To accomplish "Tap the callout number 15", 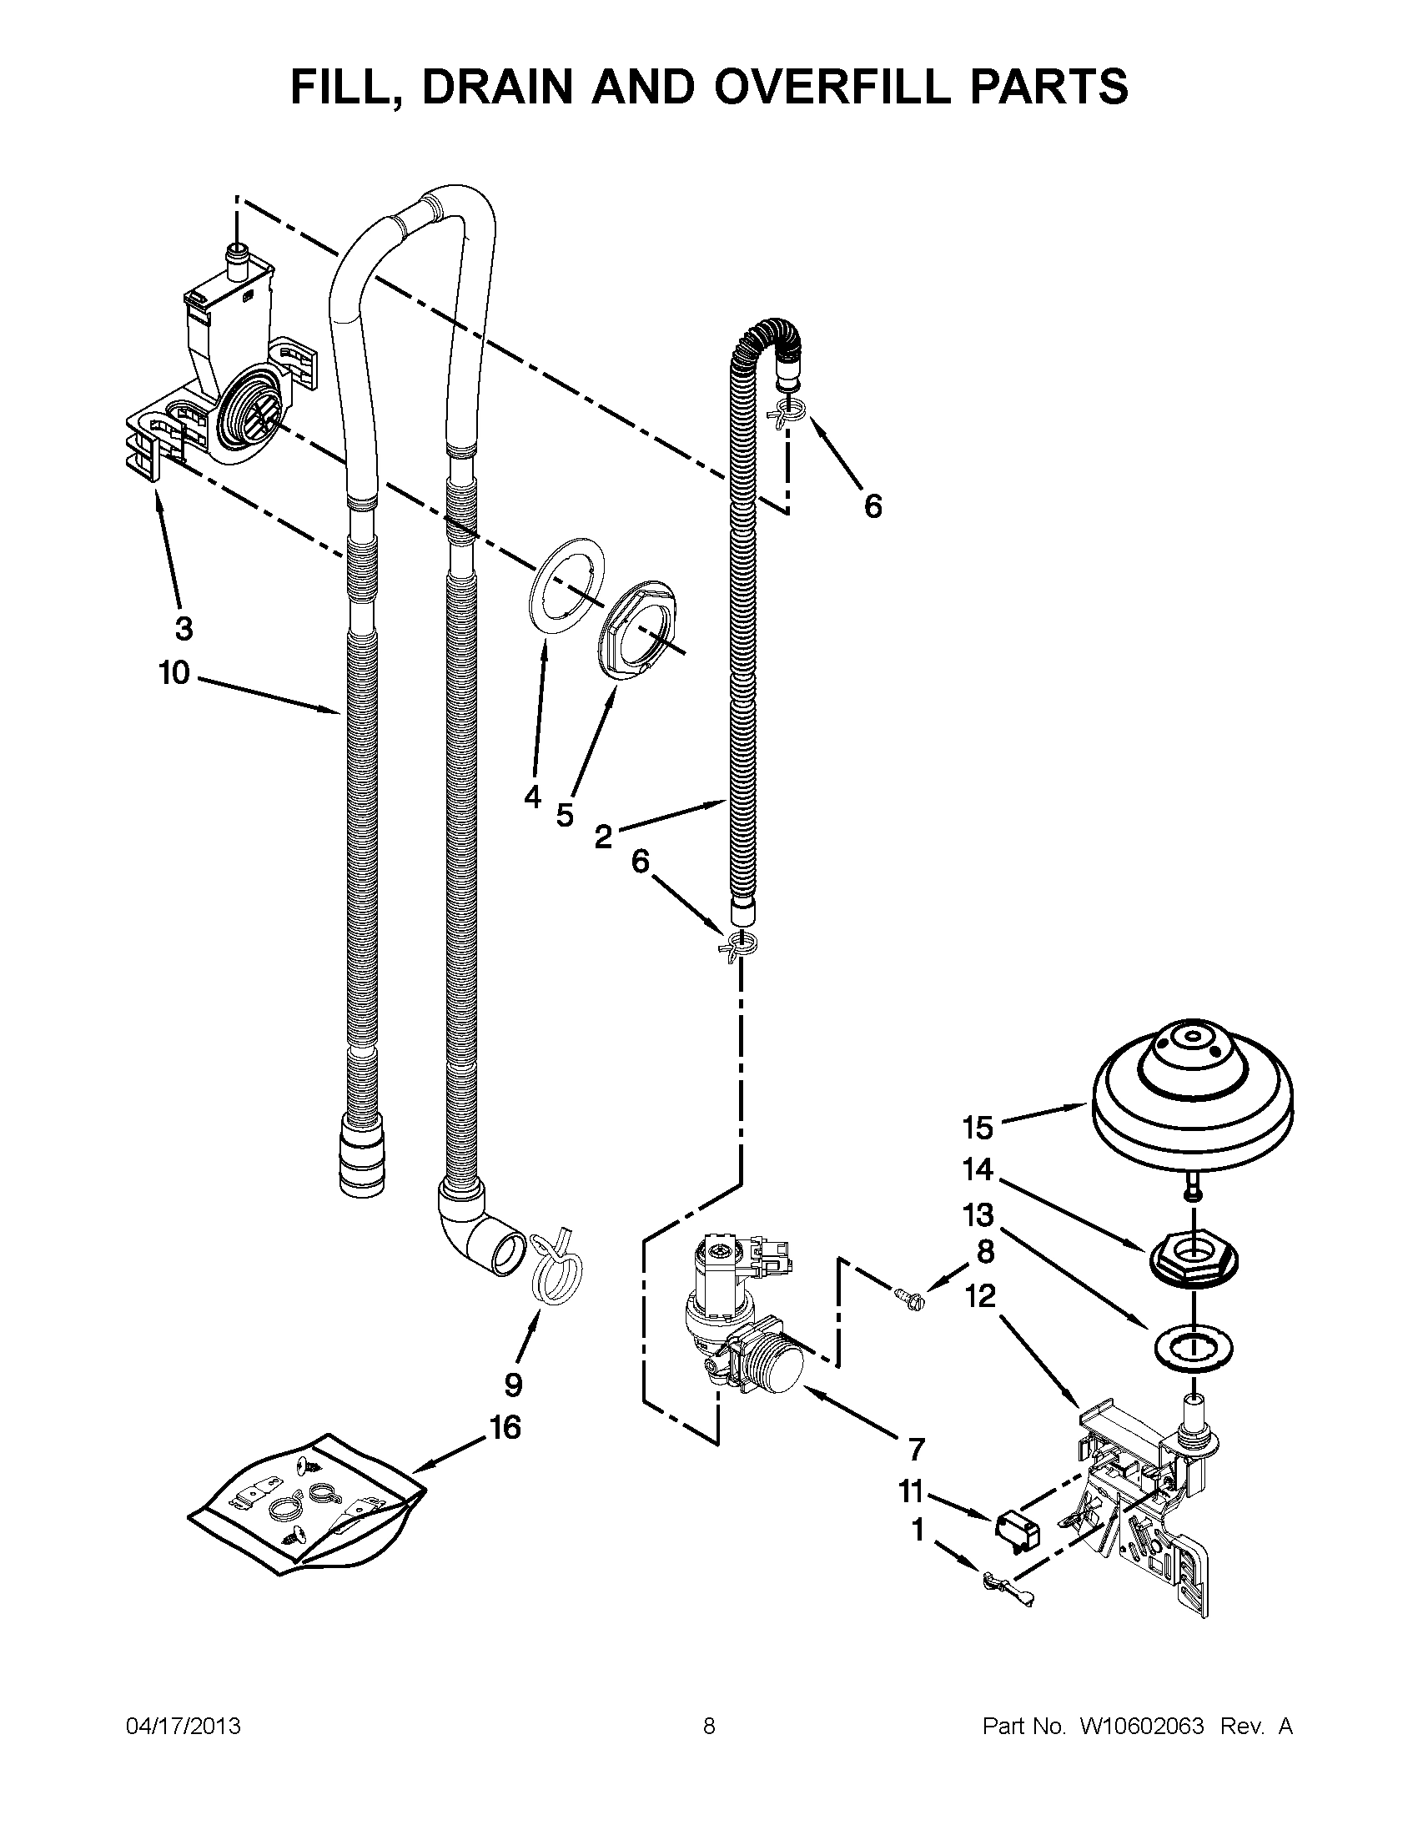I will click(x=978, y=1128).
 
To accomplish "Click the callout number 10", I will click(x=174, y=673).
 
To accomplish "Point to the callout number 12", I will click(x=979, y=1295).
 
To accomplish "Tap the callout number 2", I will click(x=603, y=837).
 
